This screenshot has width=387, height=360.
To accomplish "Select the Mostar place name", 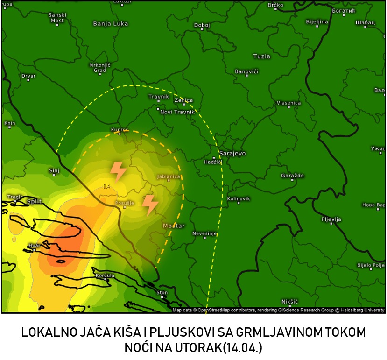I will tap(174, 226).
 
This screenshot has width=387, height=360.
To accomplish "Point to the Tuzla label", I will tap(261, 56).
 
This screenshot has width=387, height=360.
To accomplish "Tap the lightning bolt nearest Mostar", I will tap(149, 205).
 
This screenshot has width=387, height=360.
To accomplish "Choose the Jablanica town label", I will tap(169, 177).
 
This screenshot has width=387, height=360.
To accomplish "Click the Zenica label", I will tap(183, 100).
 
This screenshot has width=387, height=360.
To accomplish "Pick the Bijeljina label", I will tap(317, 21).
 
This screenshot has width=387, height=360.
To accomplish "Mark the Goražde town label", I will tap(292, 176).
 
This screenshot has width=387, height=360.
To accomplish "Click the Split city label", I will tap(35, 201).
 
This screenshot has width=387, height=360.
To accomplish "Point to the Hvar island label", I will tap(34, 245).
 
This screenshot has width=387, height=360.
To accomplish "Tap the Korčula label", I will tap(105, 275).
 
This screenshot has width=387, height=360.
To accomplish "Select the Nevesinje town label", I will tap(205, 233).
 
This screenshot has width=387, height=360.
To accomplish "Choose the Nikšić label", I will tap(289, 302).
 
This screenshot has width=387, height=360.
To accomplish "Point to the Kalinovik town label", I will tap(238, 198).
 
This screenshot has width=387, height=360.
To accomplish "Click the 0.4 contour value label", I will tap(106, 186).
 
